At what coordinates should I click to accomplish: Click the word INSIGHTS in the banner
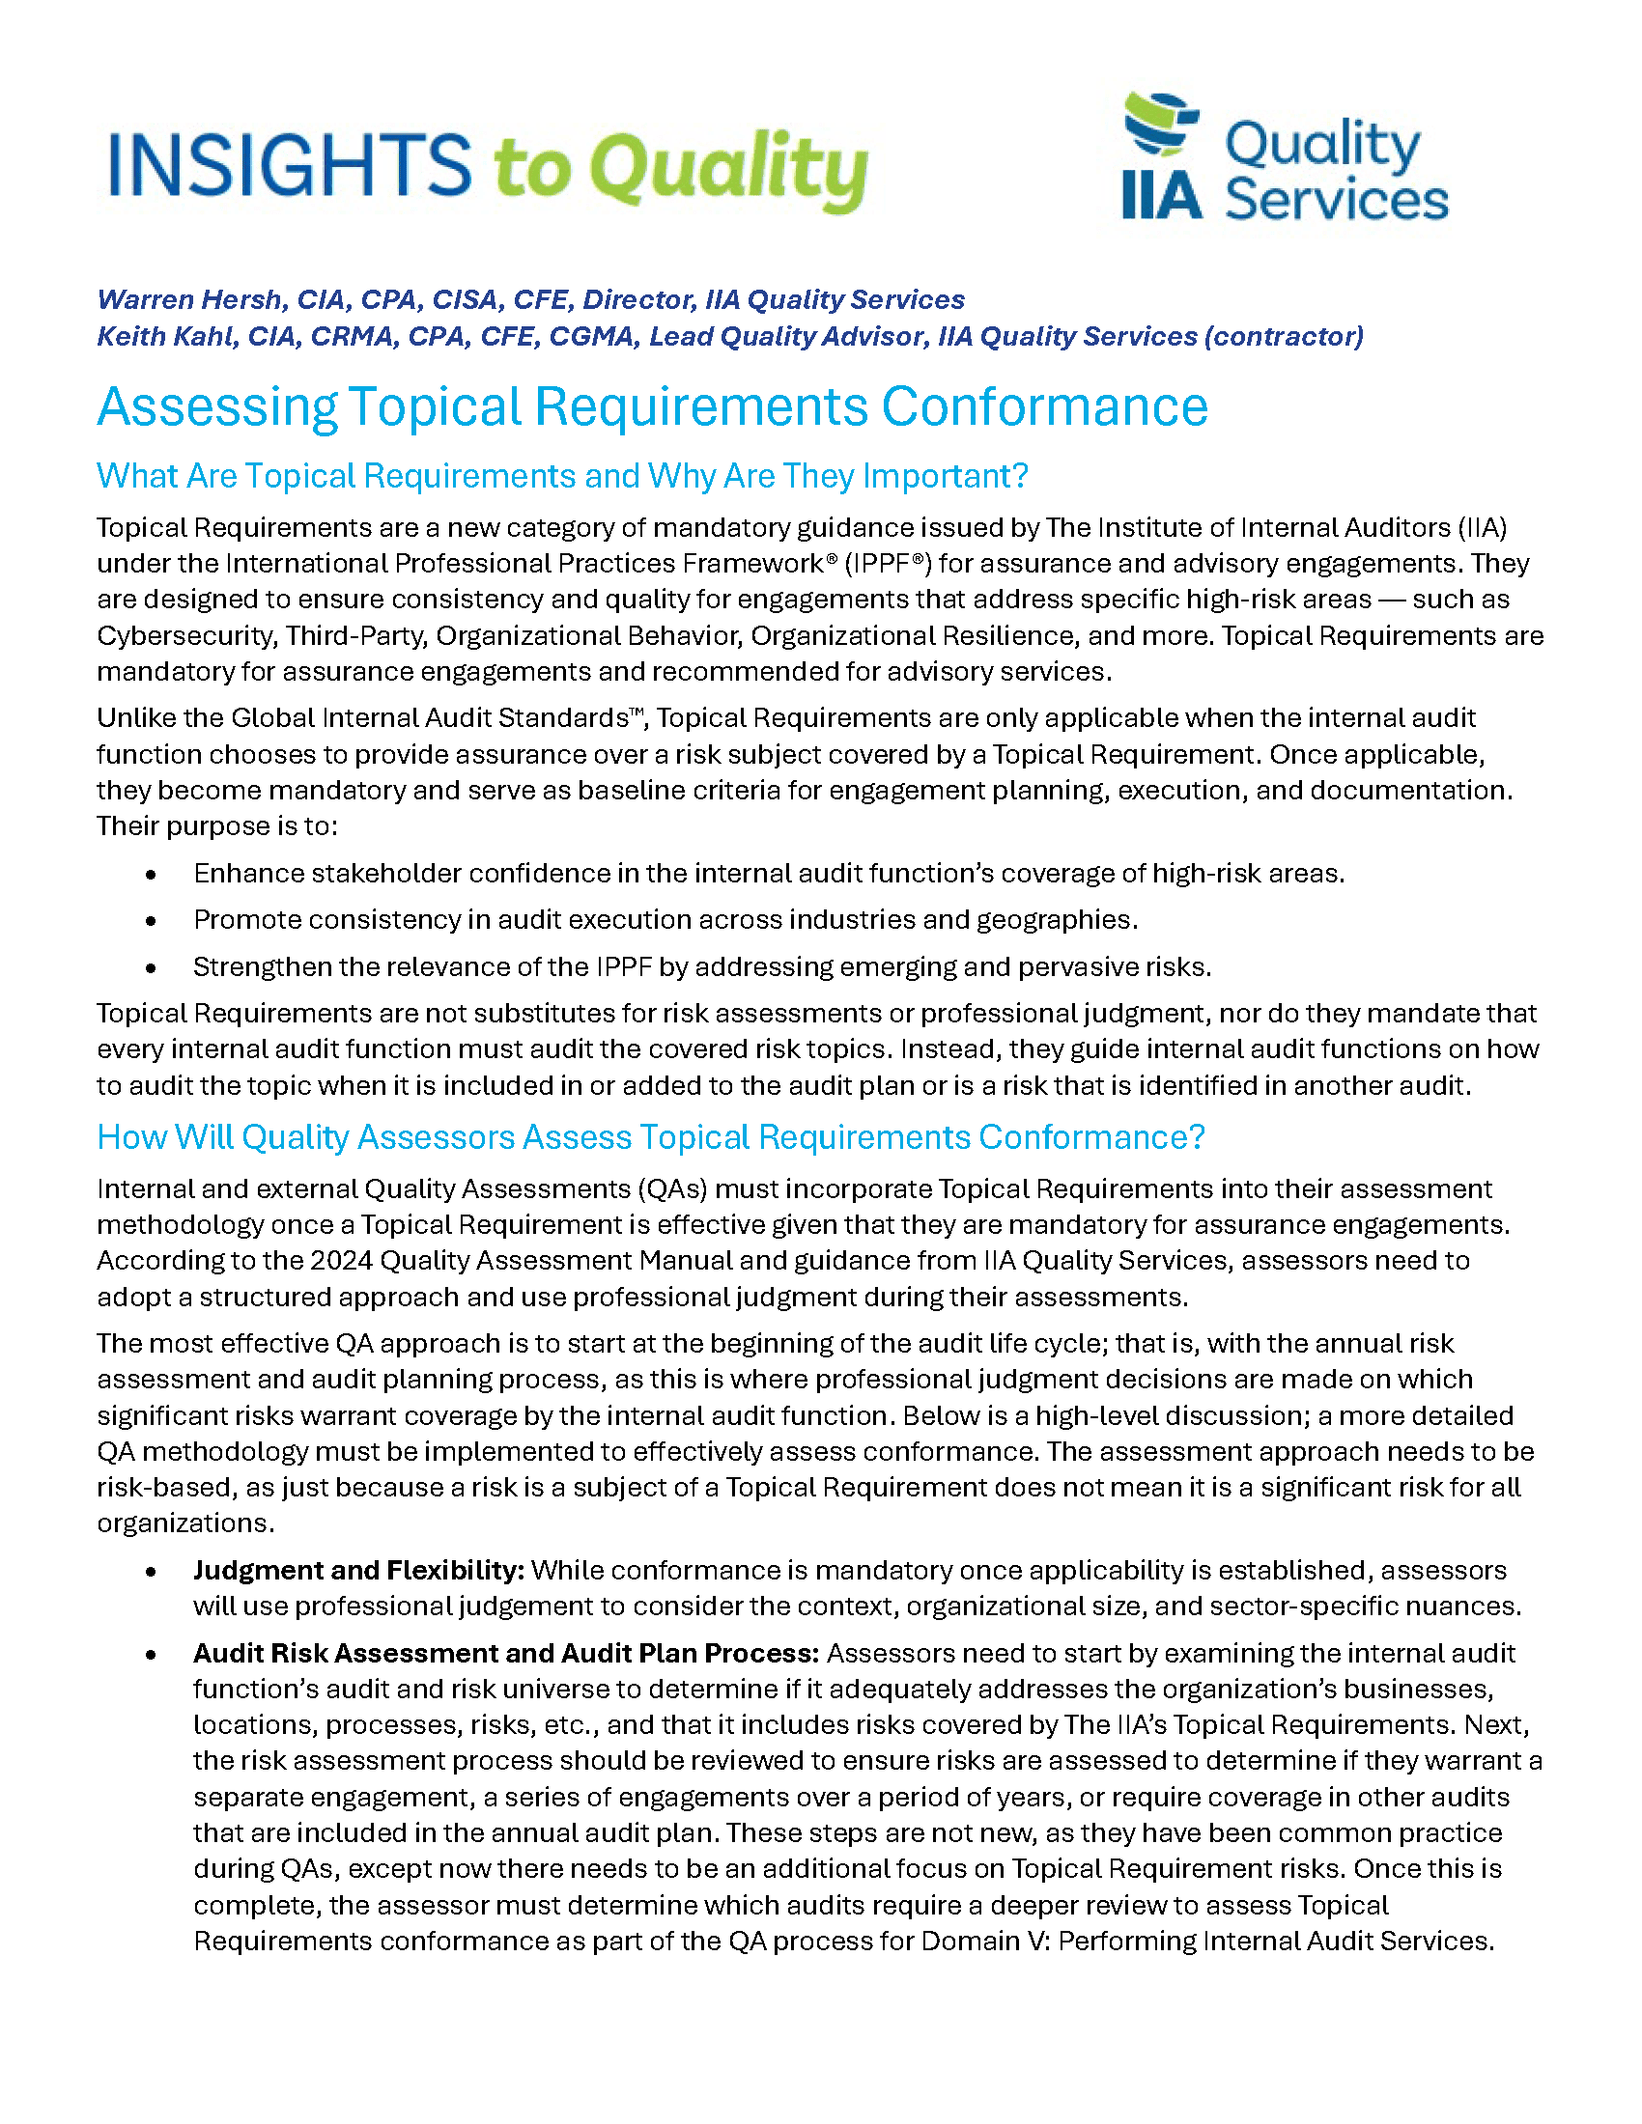[290, 165]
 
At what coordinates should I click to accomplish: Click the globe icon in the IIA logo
[1161, 124]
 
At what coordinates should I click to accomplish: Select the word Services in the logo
[1336, 201]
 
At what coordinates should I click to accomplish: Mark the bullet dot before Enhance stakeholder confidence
[151, 875]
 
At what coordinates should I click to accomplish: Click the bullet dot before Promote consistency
[151, 921]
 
